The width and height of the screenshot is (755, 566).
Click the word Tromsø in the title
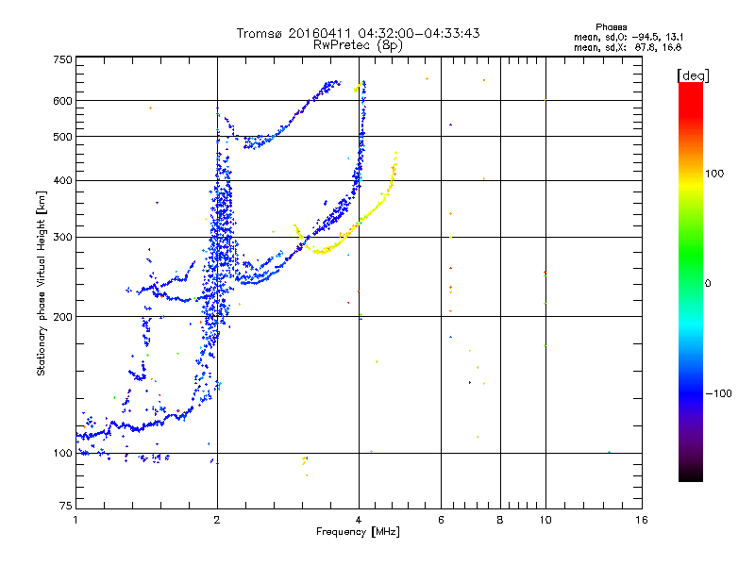(x=260, y=33)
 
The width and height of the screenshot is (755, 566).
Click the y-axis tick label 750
(x=62, y=59)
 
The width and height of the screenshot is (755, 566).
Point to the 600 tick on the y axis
(x=62, y=101)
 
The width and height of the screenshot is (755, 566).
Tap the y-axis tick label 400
(x=62, y=180)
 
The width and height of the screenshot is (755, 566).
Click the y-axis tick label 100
(x=62, y=454)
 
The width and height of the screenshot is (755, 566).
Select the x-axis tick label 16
(x=641, y=521)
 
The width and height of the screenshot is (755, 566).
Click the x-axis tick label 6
(x=441, y=521)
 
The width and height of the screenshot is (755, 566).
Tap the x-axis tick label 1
(x=75, y=521)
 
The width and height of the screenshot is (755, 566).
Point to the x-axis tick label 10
(x=545, y=521)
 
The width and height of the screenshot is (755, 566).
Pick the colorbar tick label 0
(x=708, y=283)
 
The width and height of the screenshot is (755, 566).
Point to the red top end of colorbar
(x=690, y=86)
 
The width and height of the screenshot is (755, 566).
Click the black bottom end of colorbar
(x=690, y=478)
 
